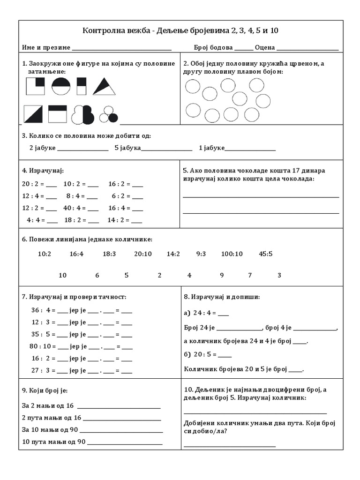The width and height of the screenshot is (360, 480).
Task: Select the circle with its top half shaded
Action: [60, 87]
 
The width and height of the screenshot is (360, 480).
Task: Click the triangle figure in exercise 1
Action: [104, 87]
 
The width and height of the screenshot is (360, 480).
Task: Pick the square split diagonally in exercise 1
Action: [33, 114]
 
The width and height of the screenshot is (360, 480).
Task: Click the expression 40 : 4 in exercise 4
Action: [73, 208]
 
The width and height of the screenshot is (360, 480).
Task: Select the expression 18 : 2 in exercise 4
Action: [74, 219]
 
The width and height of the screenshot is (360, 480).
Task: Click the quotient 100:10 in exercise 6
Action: [232, 254]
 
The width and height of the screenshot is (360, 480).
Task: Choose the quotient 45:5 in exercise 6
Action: [265, 254]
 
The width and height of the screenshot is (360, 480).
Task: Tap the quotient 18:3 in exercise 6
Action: [109, 254]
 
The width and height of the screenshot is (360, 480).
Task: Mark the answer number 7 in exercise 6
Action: [250, 275]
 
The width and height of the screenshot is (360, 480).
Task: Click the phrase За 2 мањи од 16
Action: [48, 405]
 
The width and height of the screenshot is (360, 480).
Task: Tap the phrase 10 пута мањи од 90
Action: [54, 441]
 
